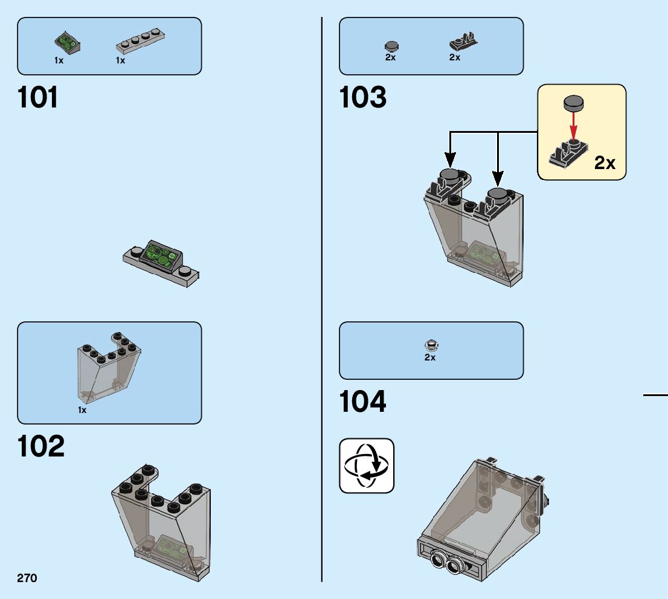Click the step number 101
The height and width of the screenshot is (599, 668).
(39, 98)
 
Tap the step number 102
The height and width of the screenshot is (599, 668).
(41, 446)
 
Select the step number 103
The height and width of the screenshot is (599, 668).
(363, 98)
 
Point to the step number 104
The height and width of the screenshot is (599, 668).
(363, 402)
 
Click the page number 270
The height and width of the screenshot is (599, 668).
(27, 578)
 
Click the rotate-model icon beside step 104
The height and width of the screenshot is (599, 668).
(367, 466)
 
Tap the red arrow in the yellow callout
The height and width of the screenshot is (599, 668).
(574, 125)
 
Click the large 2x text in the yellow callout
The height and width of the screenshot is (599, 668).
(605, 162)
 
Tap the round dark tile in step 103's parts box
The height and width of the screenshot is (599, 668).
(391, 46)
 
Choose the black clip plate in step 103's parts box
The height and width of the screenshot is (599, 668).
(463, 42)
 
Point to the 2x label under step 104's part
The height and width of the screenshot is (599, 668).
(430, 357)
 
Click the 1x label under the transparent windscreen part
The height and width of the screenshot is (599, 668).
(82, 410)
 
